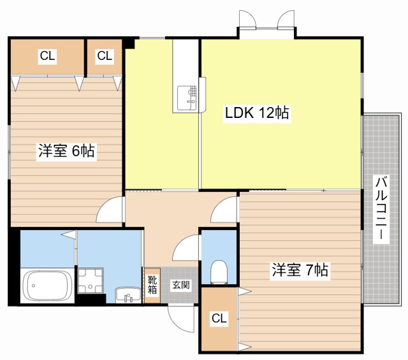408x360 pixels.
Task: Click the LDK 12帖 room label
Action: point(257,113)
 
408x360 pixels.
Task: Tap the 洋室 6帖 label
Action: point(66,151)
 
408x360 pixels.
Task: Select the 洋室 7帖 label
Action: point(300,270)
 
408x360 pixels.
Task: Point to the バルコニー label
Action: point(381,208)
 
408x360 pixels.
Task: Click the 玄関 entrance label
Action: point(181,285)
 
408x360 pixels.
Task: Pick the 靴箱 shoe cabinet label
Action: point(152,285)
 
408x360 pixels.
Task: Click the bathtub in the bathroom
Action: point(47,285)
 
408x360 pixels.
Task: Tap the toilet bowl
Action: point(219,271)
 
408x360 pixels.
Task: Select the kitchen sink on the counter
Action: point(187,98)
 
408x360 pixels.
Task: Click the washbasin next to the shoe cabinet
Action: point(127,295)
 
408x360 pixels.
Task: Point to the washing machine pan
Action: point(91,280)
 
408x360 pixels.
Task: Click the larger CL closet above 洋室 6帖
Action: point(47,57)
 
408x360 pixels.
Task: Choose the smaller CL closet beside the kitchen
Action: point(105,57)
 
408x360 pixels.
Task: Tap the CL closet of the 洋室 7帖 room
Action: point(219,319)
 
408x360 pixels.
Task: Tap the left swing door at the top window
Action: point(247,18)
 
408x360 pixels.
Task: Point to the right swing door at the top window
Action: point(286,18)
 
